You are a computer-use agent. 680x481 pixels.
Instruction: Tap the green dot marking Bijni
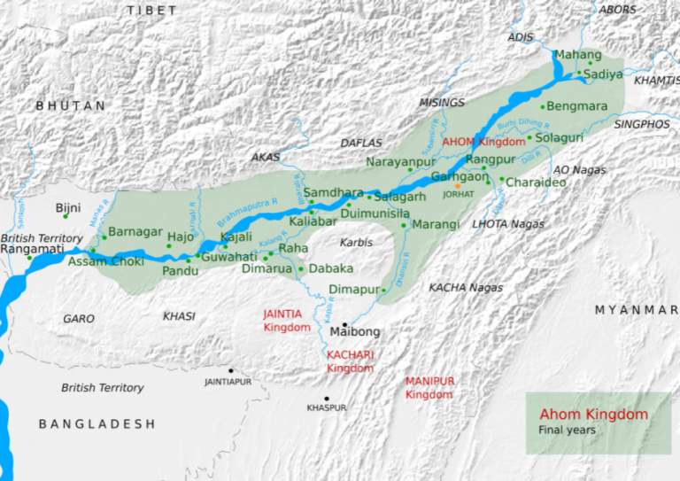coord(65,217)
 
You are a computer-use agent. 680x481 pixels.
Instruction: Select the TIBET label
coord(151,10)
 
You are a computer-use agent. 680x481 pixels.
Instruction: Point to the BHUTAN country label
coord(70,105)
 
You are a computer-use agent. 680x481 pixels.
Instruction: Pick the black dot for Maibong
coord(344,324)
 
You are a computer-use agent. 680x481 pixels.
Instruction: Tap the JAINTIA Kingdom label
coord(287,320)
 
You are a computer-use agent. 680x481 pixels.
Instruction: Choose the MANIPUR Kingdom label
coord(429,387)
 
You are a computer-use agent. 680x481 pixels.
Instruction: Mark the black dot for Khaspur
coord(327,399)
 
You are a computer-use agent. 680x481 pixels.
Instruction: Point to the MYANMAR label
coord(635,309)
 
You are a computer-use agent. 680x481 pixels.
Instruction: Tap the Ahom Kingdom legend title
coord(593,415)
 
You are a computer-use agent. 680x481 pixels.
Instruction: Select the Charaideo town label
coord(537,182)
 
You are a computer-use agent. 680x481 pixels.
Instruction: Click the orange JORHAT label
coord(459,193)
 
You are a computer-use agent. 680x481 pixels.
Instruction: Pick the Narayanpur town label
coord(400,161)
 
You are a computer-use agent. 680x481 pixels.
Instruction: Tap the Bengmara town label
coord(577,106)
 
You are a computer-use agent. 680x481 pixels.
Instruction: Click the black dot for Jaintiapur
coord(231,371)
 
